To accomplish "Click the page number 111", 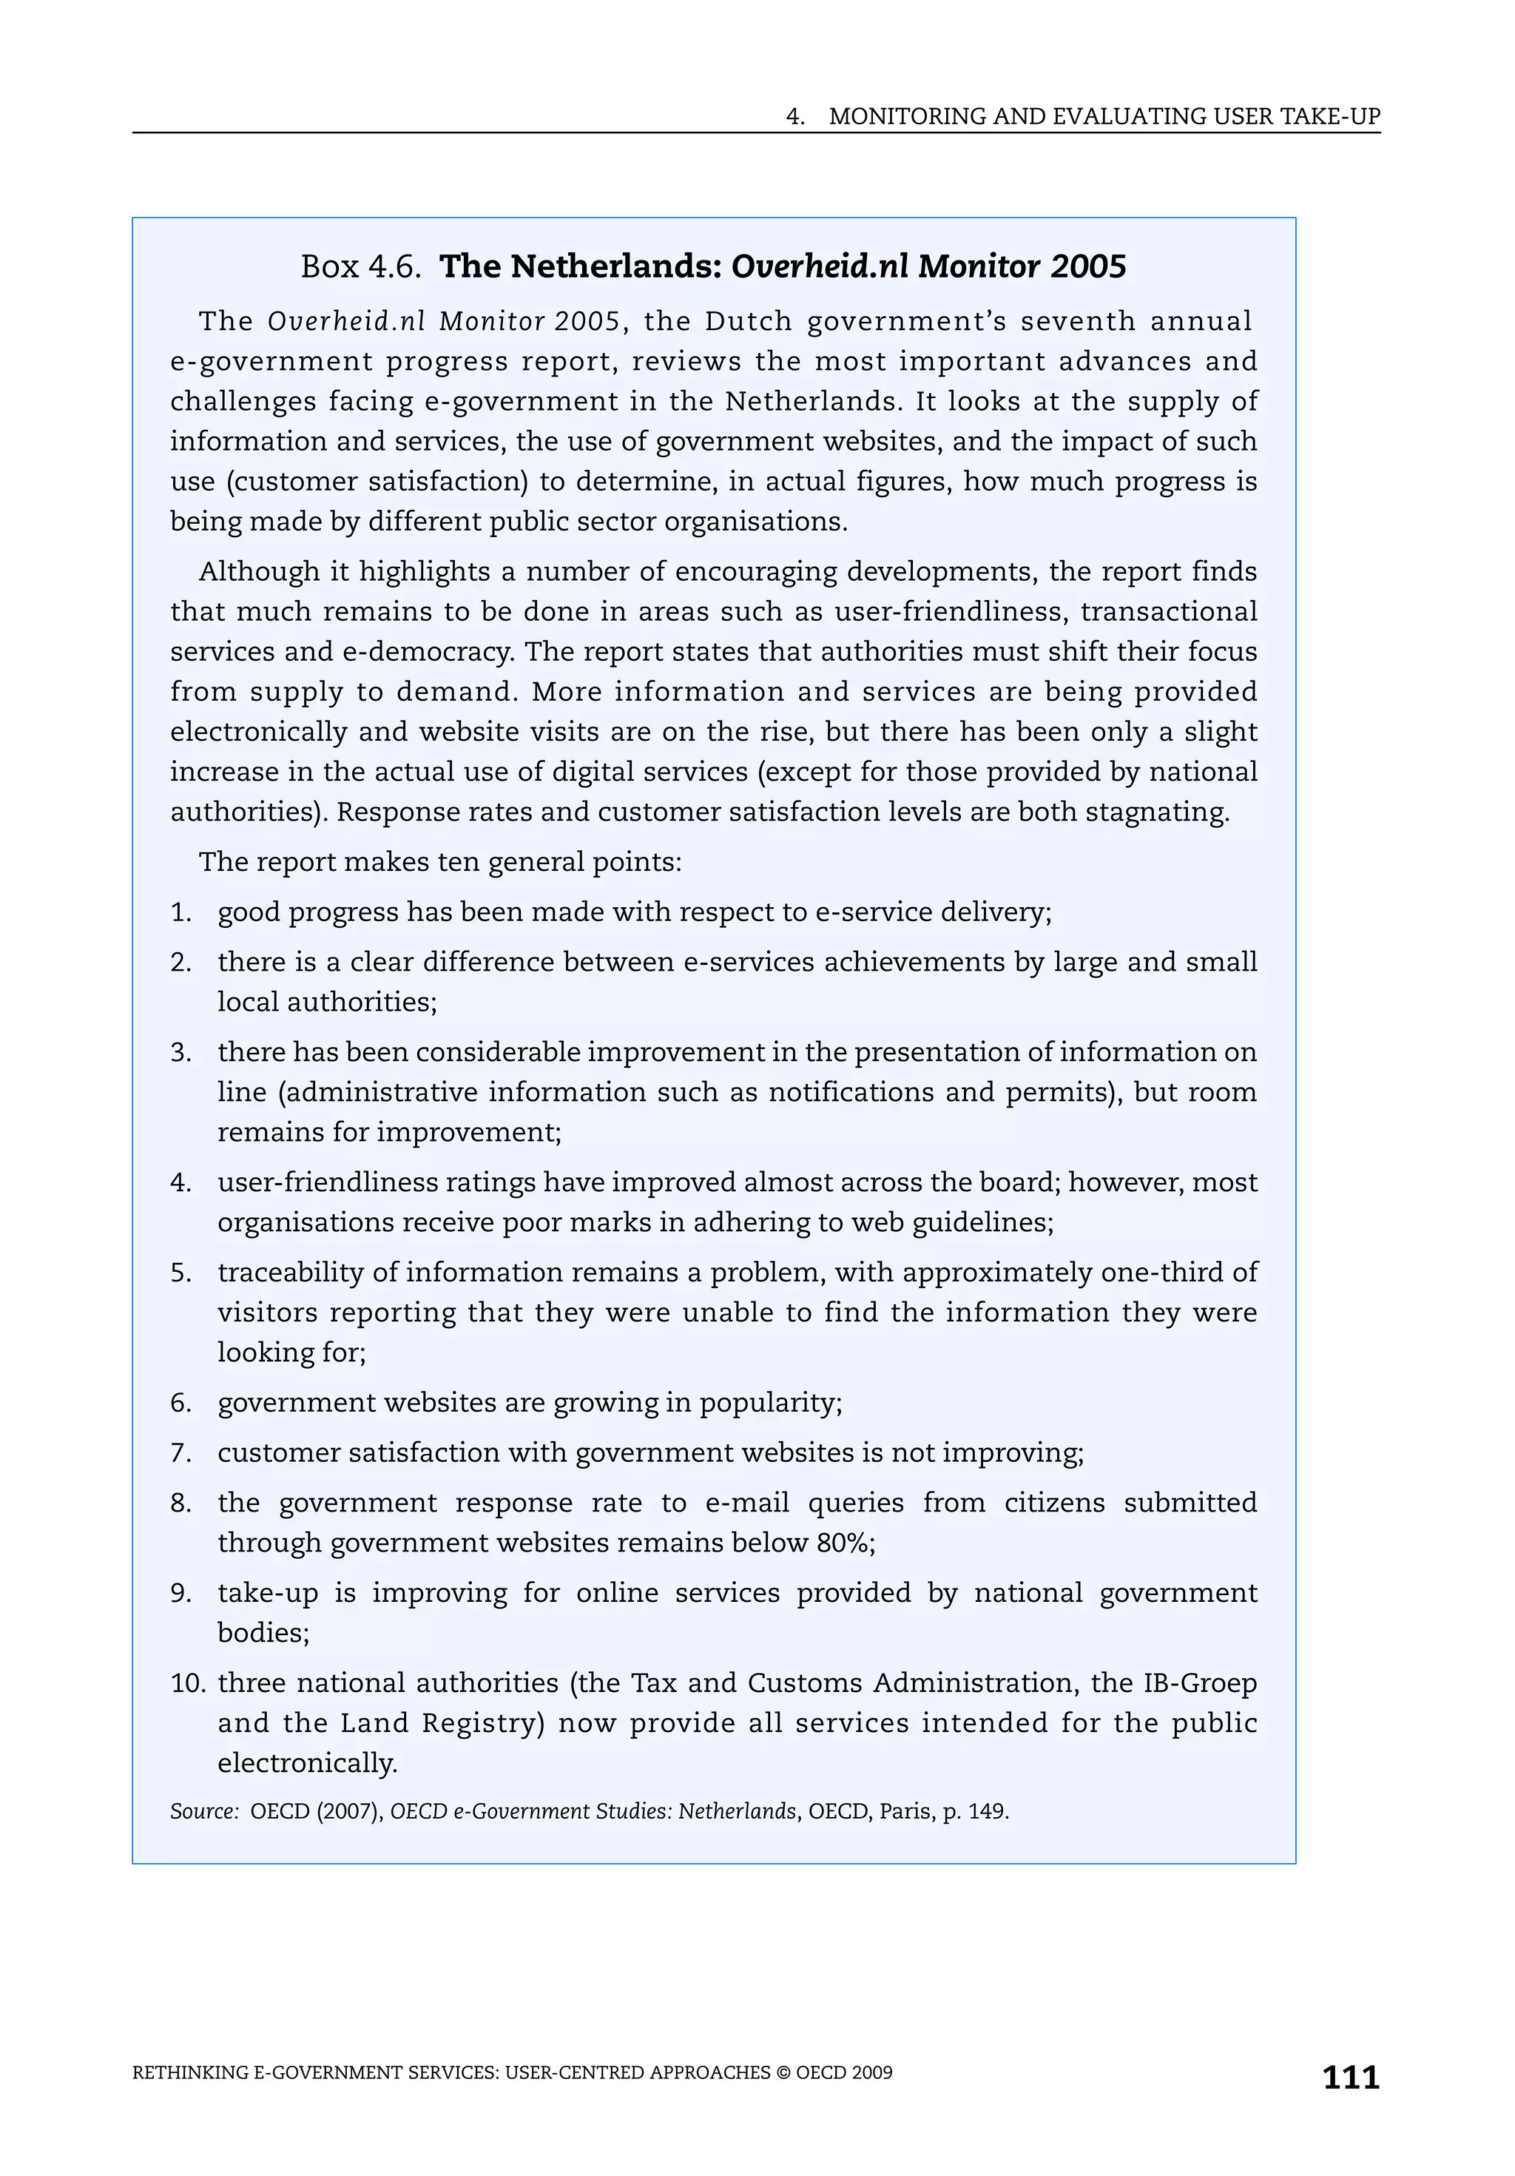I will point(1350,2078).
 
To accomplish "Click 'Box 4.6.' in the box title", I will point(360,266).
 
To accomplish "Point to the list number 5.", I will point(180,1272).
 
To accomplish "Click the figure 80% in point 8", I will point(841,1542).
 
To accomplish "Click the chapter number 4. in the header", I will point(795,117).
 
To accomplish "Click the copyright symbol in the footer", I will point(783,2072).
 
